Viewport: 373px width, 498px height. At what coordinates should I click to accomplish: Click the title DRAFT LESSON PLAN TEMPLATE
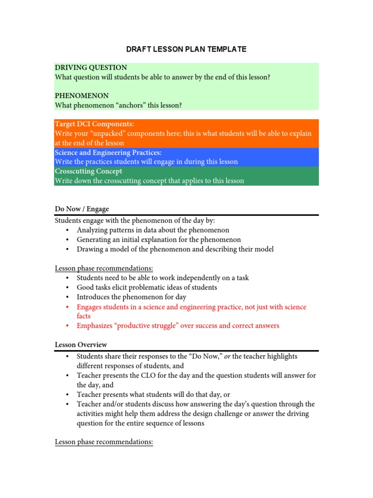click(x=186, y=49)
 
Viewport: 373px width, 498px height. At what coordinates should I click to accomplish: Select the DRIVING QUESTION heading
click(x=91, y=68)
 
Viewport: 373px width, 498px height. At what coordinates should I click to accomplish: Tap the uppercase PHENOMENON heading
click(x=82, y=95)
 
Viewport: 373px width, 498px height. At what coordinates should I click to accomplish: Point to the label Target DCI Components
click(x=94, y=124)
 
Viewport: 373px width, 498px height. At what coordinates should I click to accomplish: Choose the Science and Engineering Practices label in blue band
click(x=108, y=153)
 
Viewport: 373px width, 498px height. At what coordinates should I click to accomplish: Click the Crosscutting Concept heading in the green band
click(x=88, y=171)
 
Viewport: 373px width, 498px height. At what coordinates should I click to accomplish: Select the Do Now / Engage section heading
click(x=82, y=209)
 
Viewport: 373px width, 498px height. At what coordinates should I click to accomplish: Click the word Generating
click(x=94, y=240)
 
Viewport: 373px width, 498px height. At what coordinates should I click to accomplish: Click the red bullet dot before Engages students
click(x=67, y=307)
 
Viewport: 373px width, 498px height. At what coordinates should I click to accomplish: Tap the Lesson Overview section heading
click(x=81, y=344)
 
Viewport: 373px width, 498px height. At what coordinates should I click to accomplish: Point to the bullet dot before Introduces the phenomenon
click(x=67, y=297)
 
